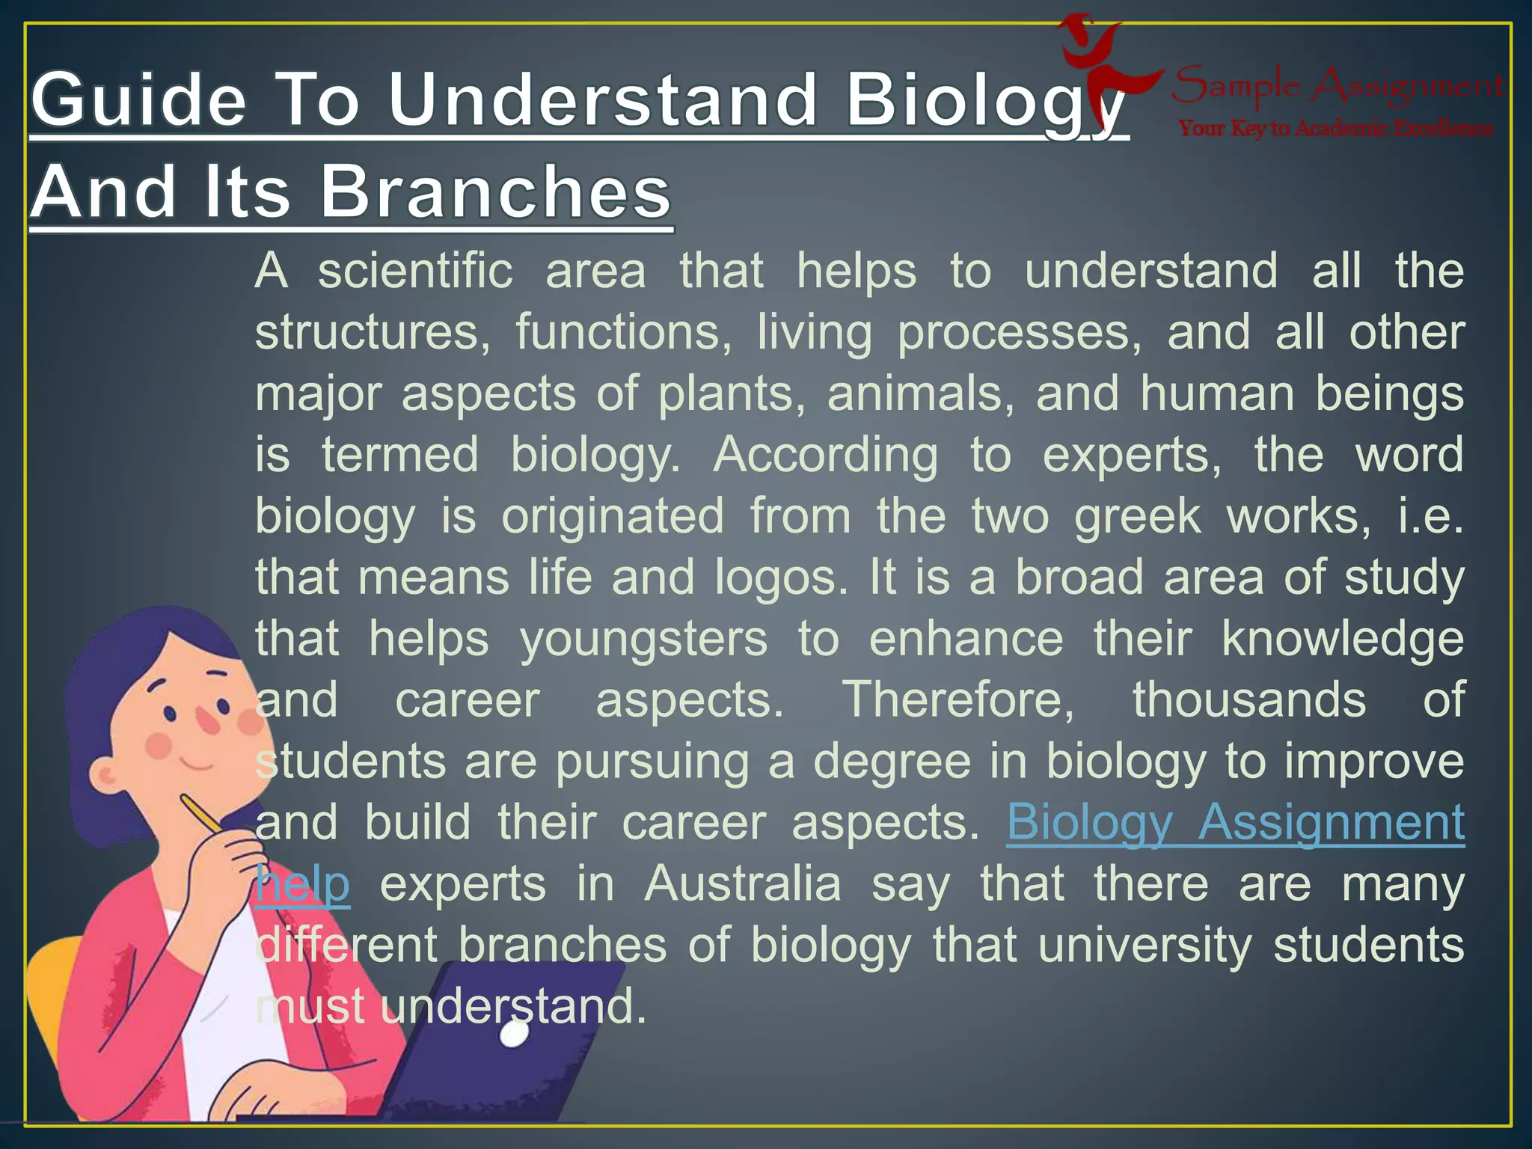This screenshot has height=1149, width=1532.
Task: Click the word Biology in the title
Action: tap(986, 102)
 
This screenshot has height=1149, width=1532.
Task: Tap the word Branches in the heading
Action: tap(496, 192)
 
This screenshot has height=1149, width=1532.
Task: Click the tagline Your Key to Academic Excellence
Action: tap(1336, 129)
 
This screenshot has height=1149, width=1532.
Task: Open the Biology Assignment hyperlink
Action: tap(1235, 823)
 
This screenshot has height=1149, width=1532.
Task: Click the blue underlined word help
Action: tap(302, 884)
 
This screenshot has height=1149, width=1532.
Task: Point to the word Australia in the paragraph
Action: tap(742, 884)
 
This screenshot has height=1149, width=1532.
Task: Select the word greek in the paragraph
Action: tap(1137, 516)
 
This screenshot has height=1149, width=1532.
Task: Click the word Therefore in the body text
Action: tap(958, 700)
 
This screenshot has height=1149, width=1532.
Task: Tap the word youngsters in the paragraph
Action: tap(643, 640)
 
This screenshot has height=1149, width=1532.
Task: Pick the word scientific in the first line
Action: tap(415, 271)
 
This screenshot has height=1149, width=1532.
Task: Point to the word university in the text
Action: tap(1145, 946)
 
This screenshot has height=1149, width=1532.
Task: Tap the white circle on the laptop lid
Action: tap(515, 1035)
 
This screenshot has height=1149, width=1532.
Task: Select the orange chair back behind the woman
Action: tap(49, 995)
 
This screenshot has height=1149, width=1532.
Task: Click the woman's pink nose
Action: tap(208, 720)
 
